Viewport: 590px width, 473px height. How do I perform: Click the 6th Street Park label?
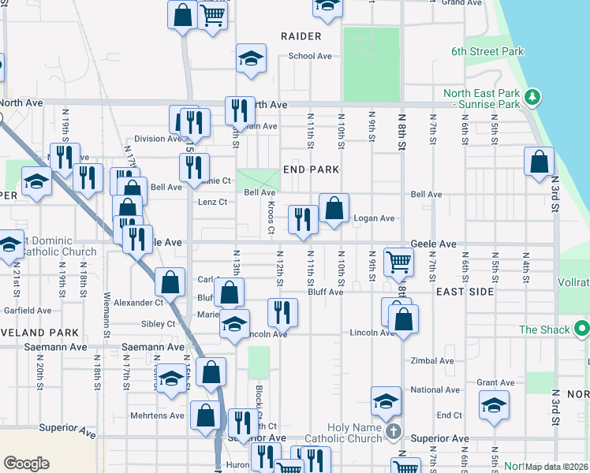(487, 51)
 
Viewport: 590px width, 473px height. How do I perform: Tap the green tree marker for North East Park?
(534, 98)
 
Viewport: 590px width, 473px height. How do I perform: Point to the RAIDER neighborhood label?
(301, 36)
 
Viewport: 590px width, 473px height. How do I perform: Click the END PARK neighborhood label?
(311, 169)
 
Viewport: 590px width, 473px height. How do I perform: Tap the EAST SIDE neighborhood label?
(465, 292)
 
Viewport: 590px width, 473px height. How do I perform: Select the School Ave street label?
(310, 56)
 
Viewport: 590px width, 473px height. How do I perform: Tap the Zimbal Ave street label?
(433, 361)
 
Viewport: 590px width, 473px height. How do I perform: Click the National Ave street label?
(435, 389)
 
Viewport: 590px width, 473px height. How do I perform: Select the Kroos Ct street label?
(271, 217)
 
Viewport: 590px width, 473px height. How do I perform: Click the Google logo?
(26, 464)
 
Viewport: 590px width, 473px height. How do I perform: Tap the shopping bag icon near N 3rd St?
(538, 162)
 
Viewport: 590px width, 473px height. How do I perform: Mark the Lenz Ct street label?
(211, 203)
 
